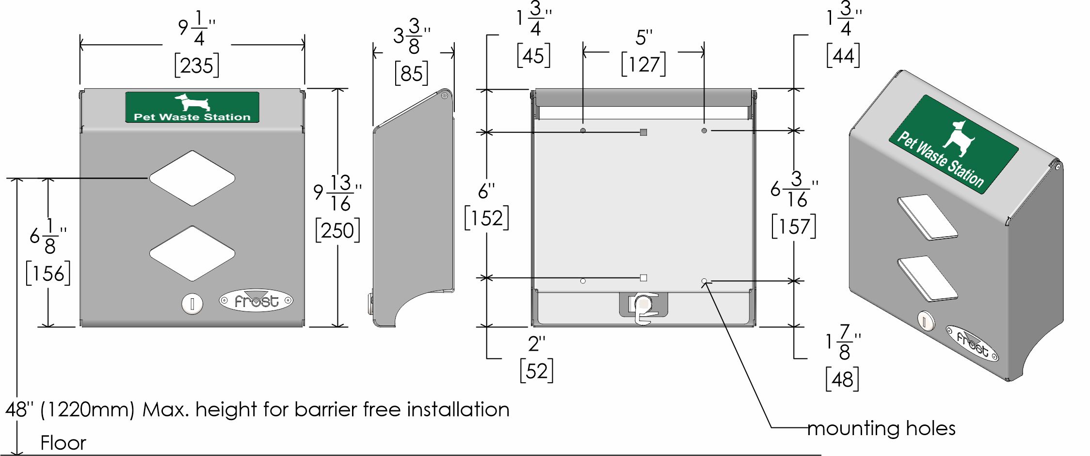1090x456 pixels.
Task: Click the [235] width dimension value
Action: coord(197,65)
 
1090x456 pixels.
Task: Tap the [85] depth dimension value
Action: coord(412,73)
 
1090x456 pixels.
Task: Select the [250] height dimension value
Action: coord(337,230)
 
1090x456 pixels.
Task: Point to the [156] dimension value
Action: coord(48,273)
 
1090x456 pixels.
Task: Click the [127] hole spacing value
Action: coord(643,64)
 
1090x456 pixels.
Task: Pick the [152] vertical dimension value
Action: coord(487,218)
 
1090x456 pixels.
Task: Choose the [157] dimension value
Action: coord(794,226)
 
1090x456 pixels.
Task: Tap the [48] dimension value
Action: coord(843,379)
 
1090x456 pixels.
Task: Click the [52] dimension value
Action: coord(536,371)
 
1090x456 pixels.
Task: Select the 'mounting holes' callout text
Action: coord(881,428)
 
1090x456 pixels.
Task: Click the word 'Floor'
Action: coord(63,443)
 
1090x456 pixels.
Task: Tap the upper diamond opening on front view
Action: coord(192,178)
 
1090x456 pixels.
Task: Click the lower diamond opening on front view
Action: coord(192,253)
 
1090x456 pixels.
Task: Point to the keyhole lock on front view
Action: coord(192,304)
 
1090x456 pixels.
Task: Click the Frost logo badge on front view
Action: coord(256,301)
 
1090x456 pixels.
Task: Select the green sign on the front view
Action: coord(192,107)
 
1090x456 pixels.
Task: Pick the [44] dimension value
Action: coord(843,56)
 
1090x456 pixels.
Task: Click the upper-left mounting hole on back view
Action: coord(583,130)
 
